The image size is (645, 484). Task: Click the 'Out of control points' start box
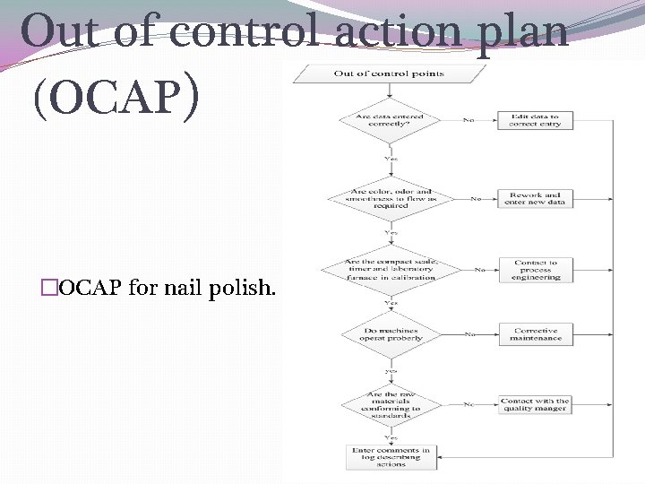pyautogui.click(x=389, y=73)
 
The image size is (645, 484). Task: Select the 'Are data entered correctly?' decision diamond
pyautogui.click(x=389, y=120)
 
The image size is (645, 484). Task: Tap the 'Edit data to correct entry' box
pyautogui.click(x=536, y=120)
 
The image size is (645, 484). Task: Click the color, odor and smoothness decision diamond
pyautogui.click(x=389, y=198)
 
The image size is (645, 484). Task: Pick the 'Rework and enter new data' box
pyautogui.click(x=536, y=197)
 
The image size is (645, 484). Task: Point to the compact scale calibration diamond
pyautogui.click(x=389, y=268)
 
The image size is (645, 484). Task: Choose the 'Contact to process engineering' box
pyautogui.click(x=536, y=270)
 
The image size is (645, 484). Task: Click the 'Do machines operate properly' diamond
pyautogui.click(x=389, y=333)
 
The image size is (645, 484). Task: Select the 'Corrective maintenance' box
pyautogui.click(x=536, y=334)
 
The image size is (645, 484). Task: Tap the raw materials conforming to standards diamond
pyautogui.click(x=389, y=404)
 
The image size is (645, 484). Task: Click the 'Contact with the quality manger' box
pyautogui.click(x=536, y=405)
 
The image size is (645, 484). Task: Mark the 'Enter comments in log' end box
pyautogui.click(x=389, y=456)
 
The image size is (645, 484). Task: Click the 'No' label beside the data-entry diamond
pyautogui.click(x=469, y=120)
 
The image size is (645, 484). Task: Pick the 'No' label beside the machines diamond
pyautogui.click(x=469, y=334)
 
